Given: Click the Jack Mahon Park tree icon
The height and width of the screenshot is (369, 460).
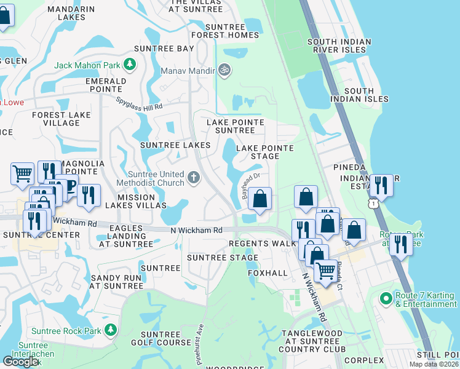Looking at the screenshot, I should [x=130, y=65].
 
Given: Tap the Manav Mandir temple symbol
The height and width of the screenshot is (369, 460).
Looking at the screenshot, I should [x=224, y=71].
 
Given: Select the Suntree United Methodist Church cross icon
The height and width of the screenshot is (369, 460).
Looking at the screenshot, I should [x=194, y=178].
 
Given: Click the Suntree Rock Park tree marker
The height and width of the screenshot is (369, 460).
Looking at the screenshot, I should [x=111, y=331].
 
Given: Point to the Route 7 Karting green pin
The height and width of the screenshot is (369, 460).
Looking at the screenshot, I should [x=386, y=299].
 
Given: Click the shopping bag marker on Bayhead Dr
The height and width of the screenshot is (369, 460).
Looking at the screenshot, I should [x=260, y=199].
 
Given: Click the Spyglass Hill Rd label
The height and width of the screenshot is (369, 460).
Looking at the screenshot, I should [x=140, y=103].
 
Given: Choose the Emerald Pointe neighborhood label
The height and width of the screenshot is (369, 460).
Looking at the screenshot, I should [x=106, y=85].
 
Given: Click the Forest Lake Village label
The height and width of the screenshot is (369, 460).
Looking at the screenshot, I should [x=61, y=119].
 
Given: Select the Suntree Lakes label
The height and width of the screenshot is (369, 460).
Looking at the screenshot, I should [x=175, y=145].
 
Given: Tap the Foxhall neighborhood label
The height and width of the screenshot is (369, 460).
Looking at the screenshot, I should [x=268, y=272].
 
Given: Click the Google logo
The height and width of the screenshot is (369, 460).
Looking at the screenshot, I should [x=20, y=362].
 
